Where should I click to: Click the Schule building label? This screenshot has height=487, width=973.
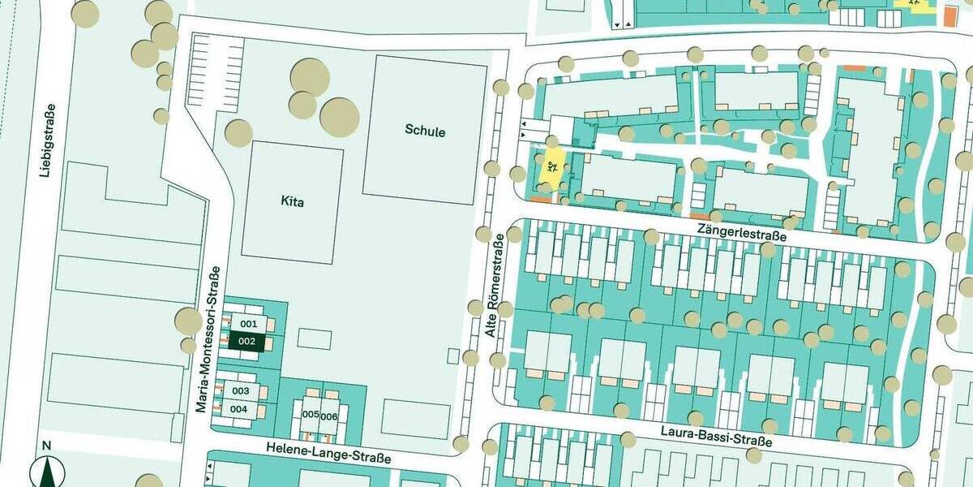pos(425,131)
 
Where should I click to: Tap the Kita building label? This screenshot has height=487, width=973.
pos(292,202)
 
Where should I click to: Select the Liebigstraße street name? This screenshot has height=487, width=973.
pos(49,140)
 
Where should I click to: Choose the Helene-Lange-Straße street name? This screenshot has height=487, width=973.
pos(328,453)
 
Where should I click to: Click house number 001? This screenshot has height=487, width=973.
pos(249,324)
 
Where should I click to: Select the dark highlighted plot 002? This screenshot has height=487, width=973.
pos(247,342)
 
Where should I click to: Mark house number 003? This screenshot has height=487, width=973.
pos(241,390)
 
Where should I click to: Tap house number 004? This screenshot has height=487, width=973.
pos(238,409)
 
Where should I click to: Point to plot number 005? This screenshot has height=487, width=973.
pos(310,414)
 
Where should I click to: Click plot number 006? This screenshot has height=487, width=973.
pos(328,416)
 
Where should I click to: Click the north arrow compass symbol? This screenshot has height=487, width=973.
pos(46,473)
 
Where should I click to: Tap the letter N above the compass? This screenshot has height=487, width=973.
pos(46,445)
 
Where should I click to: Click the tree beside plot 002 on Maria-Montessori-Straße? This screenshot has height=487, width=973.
pos(188,321)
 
